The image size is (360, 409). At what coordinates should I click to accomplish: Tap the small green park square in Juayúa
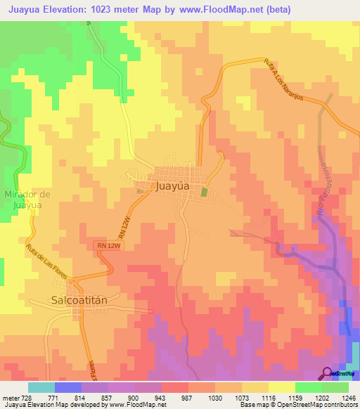point(205,192)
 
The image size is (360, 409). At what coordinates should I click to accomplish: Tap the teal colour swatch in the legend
point(41,387)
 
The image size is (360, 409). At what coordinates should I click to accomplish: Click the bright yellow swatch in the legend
point(282,387)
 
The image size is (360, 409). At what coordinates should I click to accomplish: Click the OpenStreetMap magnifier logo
point(327,372)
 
